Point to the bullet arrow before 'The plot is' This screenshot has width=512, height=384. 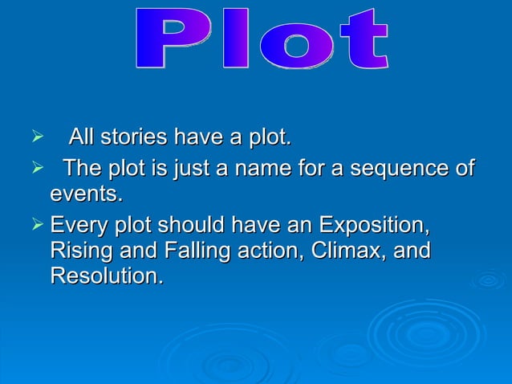click(x=35, y=169)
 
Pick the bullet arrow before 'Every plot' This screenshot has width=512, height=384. click(x=35, y=223)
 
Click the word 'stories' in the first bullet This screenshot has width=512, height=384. click(x=133, y=138)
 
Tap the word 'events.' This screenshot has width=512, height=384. click(x=87, y=195)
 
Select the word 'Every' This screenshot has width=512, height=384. click(x=78, y=223)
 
